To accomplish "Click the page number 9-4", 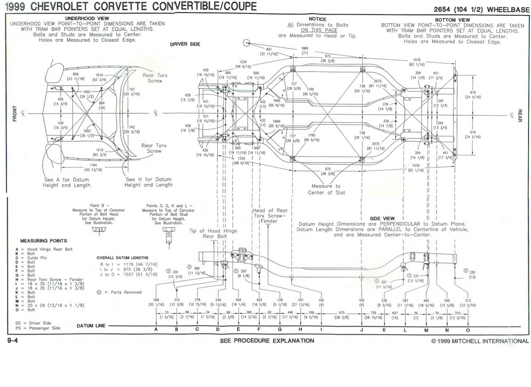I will coord(12,341).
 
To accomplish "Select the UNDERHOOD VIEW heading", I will coord(87,18).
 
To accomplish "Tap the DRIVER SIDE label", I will coord(185,44).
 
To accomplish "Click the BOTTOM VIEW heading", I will coord(452,20).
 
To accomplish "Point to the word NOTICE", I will coord(317,19).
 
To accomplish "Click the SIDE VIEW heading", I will coord(382,219).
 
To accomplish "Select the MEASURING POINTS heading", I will coord(44,241).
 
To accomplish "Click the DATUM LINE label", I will coord(91,326).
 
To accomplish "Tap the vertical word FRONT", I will coord(15,114).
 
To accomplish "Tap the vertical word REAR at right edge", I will coord(520,116).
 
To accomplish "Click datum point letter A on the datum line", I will coord(156,330).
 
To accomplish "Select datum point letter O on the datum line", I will coord(468,330).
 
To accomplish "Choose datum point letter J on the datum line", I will coord(362,330).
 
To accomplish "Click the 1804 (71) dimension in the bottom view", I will coord(304,51).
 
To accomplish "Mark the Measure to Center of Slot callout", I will coord(326,189).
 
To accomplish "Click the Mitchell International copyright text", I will coord(480,341).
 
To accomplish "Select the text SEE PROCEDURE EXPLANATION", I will coord(267,341).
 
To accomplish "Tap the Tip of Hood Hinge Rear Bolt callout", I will coord(213,233).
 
